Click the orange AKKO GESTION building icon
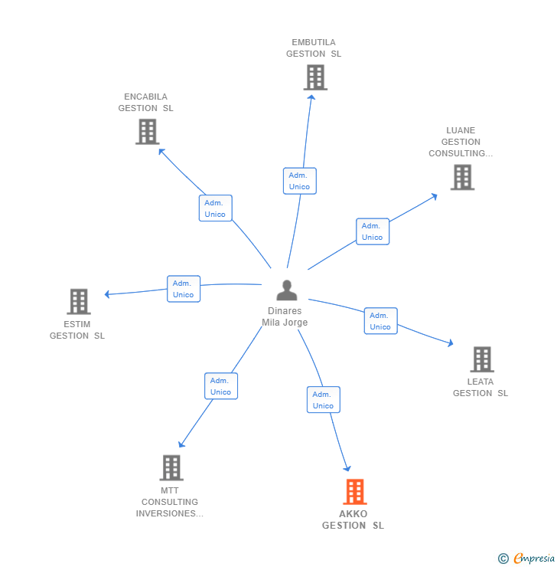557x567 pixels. click(x=354, y=491)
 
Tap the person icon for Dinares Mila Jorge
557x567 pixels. click(x=287, y=290)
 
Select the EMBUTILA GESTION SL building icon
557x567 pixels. click(x=315, y=77)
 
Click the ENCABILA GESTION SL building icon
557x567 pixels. click(x=147, y=132)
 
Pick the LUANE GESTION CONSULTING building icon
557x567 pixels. click(x=462, y=177)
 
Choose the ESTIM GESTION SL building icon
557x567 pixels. click(x=79, y=301)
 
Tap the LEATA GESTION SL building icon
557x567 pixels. click(x=482, y=359)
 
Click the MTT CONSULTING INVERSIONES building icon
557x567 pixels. click(x=171, y=467)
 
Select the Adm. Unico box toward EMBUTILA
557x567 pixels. click(x=300, y=181)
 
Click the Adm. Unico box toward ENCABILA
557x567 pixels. click(x=216, y=208)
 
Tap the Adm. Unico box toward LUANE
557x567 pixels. click(x=373, y=231)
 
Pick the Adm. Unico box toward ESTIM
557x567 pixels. click(x=184, y=289)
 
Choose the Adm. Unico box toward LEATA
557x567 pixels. click(x=380, y=321)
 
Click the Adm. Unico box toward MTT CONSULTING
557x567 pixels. click(x=221, y=386)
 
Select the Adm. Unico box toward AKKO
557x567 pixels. click(x=324, y=399)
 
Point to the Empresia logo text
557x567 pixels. click(x=534, y=559)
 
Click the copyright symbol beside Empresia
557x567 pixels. click(x=503, y=559)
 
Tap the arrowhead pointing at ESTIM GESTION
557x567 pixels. click(x=107, y=294)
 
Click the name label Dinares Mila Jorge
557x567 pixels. click(x=285, y=316)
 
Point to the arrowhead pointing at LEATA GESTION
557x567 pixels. click(x=451, y=343)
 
